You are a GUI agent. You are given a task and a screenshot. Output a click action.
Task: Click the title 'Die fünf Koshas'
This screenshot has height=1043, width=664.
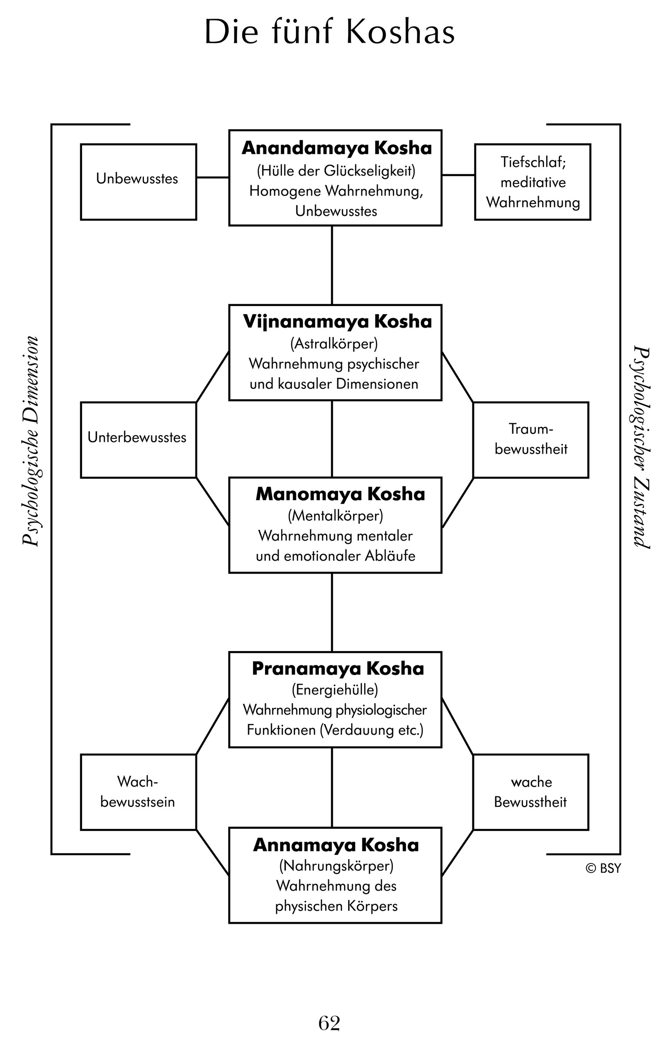pos(329,32)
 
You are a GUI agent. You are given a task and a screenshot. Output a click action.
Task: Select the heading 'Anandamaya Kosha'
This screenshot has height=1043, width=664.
pos(337,148)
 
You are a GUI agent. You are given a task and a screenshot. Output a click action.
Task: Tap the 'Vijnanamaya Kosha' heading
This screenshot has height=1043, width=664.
pos(337,322)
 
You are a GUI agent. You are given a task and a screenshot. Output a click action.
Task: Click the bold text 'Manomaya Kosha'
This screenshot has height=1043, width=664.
pos(340,494)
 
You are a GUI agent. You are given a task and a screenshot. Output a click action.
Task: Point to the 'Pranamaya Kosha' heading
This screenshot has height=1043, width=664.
pos(338,668)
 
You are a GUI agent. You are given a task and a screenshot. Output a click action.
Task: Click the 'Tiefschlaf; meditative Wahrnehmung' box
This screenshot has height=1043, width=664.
pos(532,182)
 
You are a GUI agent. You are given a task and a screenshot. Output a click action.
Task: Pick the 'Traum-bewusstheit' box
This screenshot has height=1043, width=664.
pos(531,439)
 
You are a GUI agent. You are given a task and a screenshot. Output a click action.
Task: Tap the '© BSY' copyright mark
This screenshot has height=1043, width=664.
pos(603,868)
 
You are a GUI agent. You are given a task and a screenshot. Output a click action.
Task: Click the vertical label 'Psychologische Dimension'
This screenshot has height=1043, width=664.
pos(30,441)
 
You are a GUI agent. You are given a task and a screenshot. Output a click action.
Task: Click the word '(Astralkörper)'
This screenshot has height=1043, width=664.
pos(334,344)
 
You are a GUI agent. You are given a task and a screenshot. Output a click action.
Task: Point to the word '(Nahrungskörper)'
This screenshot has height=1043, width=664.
pos(336,866)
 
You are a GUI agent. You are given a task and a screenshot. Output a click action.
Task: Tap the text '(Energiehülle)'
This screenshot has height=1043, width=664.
pos(335,690)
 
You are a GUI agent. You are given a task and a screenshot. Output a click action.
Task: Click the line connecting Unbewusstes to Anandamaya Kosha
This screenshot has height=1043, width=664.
pos(212,177)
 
